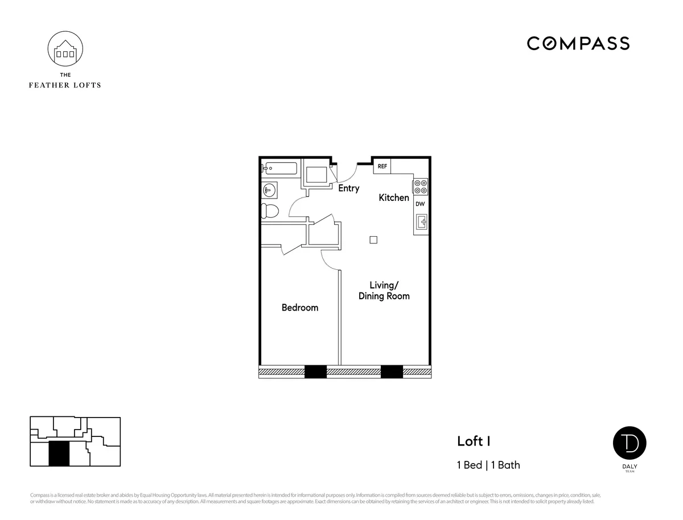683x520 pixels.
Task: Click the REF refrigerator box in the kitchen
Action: click(x=382, y=166)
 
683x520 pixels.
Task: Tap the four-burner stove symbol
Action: click(x=420, y=187)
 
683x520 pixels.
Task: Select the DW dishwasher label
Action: click(x=420, y=204)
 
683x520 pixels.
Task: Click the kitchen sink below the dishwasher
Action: click(x=421, y=222)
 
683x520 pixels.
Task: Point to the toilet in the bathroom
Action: click(x=270, y=211)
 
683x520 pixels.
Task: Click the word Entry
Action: click(x=349, y=188)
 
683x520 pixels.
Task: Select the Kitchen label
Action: click(x=394, y=198)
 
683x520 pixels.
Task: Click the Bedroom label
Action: click(x=300, y=308)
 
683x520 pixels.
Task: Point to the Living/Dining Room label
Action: click(x=384, y=291)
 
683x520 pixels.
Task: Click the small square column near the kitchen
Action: click(x=373, y=240)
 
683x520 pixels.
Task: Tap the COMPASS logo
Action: click(x=578, y=43)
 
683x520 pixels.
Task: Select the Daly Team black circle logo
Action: click(x=629, y=444)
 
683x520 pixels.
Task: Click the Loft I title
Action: click(x=474, y=441)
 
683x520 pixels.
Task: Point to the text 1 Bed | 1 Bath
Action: click(x=488, y=465)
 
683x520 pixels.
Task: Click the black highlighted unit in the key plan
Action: click(x=59, y=454)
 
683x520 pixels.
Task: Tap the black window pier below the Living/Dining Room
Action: click(x=392, y=372)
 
